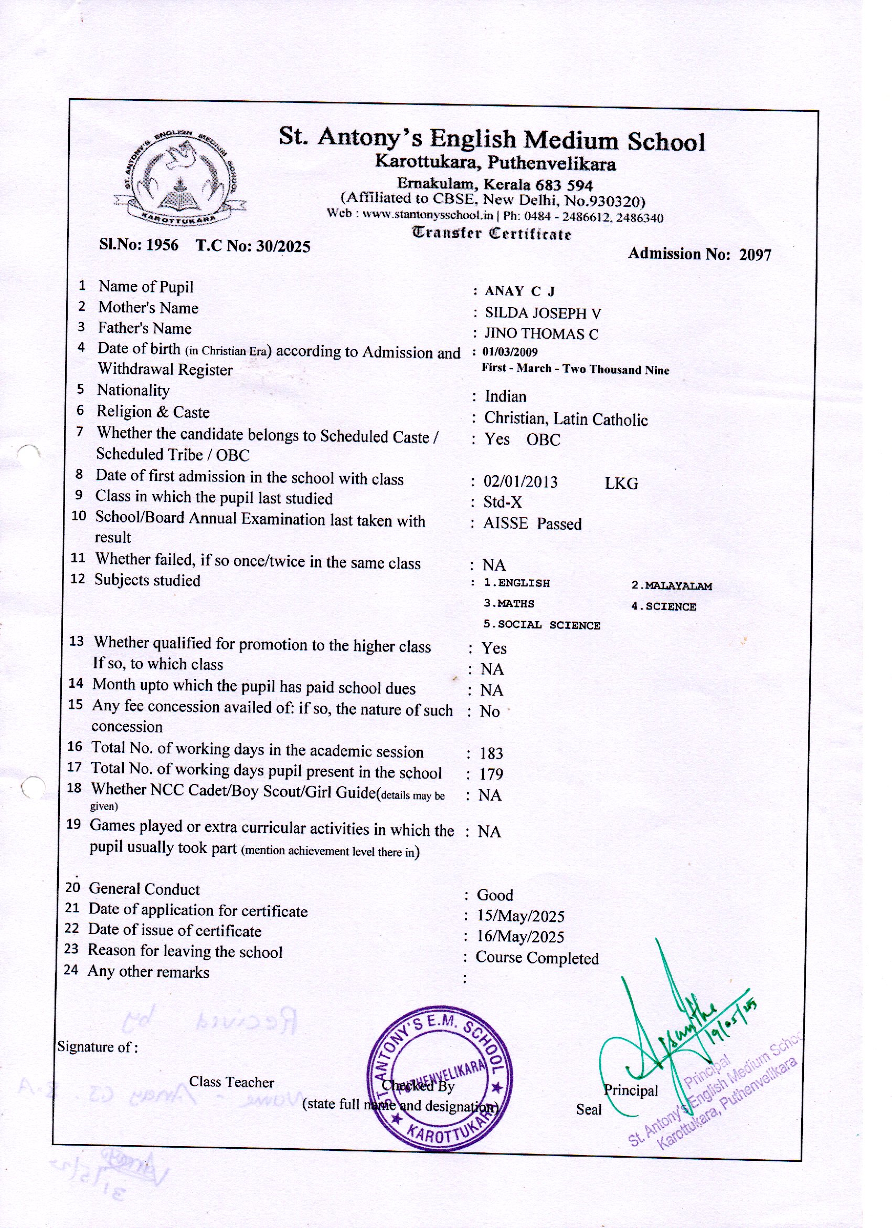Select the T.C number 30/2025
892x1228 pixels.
tap(283, 246)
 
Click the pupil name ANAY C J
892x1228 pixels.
tap(519, 291)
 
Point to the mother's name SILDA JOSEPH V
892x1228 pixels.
tap(543, 313)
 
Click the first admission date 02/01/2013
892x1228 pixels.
tap(520, 482)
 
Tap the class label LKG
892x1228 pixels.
tap(621, 484)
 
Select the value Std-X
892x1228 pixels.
tap(502, 502)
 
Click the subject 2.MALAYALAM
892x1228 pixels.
tap(671, 586)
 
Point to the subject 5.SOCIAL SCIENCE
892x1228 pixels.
tap(542, 625)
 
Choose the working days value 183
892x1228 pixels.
tap(491, 753)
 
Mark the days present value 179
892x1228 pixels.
tap(491, 774)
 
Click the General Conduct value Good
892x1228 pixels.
tap(495, 895)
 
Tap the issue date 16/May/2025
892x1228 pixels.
tap(520, 937)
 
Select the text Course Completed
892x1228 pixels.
tap(537, 958)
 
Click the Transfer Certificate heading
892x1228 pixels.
tap(492, 234)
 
